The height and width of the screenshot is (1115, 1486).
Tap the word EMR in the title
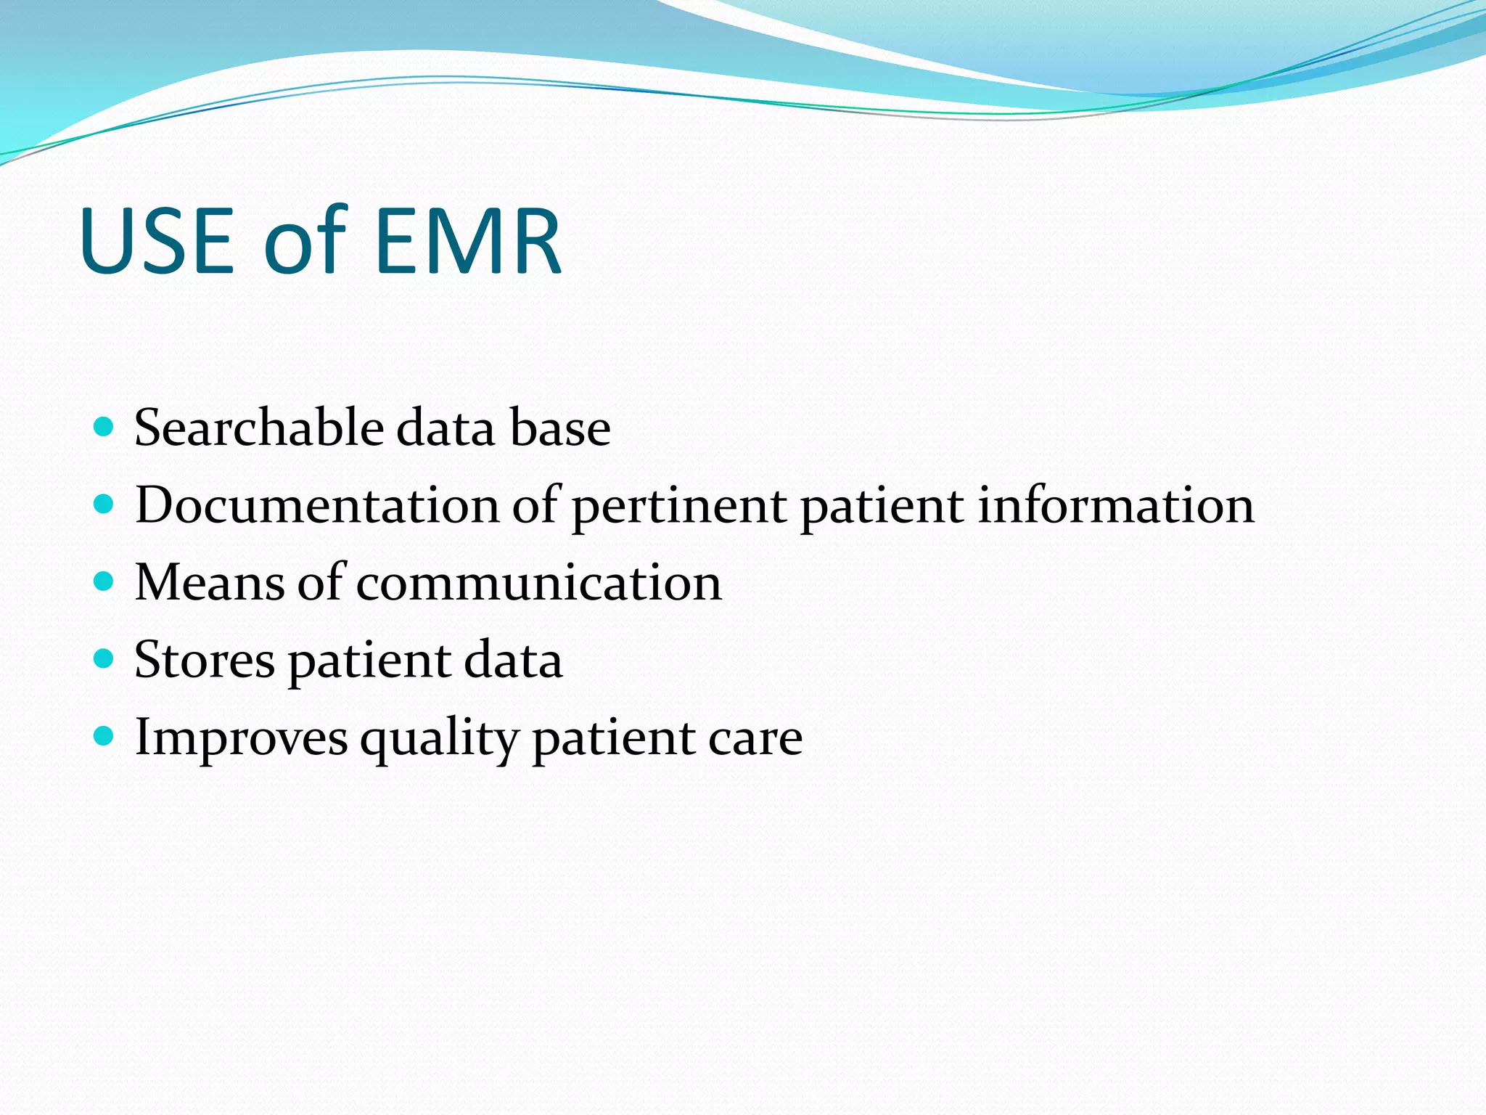469,241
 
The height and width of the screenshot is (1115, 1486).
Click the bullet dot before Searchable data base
104,426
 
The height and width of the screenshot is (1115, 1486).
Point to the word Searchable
258,428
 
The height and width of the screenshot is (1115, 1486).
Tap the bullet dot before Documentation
104,504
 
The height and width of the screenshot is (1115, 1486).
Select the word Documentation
317,506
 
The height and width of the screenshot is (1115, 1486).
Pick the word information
1115,506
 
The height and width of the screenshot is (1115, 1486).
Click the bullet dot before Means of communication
104,581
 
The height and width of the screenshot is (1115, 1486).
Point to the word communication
538,584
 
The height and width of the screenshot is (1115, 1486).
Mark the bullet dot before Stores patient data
104,658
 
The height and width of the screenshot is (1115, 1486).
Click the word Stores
205,661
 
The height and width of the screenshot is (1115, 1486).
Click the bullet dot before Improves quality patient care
104,737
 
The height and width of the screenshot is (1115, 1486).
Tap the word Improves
241,739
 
